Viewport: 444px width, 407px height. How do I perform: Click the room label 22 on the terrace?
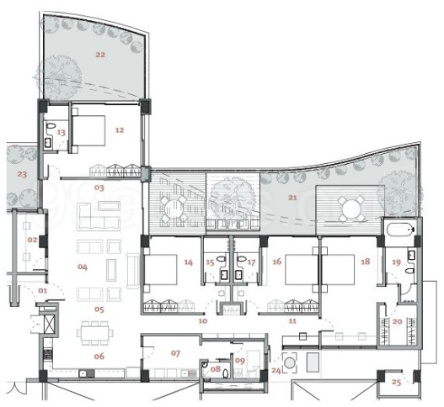coord(100,55)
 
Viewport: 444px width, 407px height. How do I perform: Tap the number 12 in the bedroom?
coord(120,130)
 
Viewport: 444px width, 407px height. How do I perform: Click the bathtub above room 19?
coord(399,230)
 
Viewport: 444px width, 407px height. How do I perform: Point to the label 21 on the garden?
coord(292,198)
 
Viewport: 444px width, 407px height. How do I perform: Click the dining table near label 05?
coord(95,333)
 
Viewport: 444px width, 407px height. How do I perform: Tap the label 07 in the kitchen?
coord(175,353)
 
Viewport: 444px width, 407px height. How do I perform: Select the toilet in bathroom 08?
coord(226,373)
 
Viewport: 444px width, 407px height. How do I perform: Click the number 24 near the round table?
coord(276,370)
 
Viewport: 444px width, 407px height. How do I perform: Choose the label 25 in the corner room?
coord(397,383)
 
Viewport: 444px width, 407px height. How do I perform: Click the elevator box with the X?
coord(49,324)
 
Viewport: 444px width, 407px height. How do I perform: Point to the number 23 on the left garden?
coord(22,174)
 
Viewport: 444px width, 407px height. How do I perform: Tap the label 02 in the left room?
coord(32,240)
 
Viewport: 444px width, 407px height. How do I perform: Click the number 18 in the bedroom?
coord(366,262)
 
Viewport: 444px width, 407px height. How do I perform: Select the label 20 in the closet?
coord(398,321)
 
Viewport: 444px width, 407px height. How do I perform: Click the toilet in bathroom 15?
coord(221,258)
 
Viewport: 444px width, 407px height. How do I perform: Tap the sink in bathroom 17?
coord(238,274)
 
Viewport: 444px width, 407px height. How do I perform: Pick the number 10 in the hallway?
coord(203,320)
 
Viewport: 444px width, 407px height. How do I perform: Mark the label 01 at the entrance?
coord(43,291)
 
